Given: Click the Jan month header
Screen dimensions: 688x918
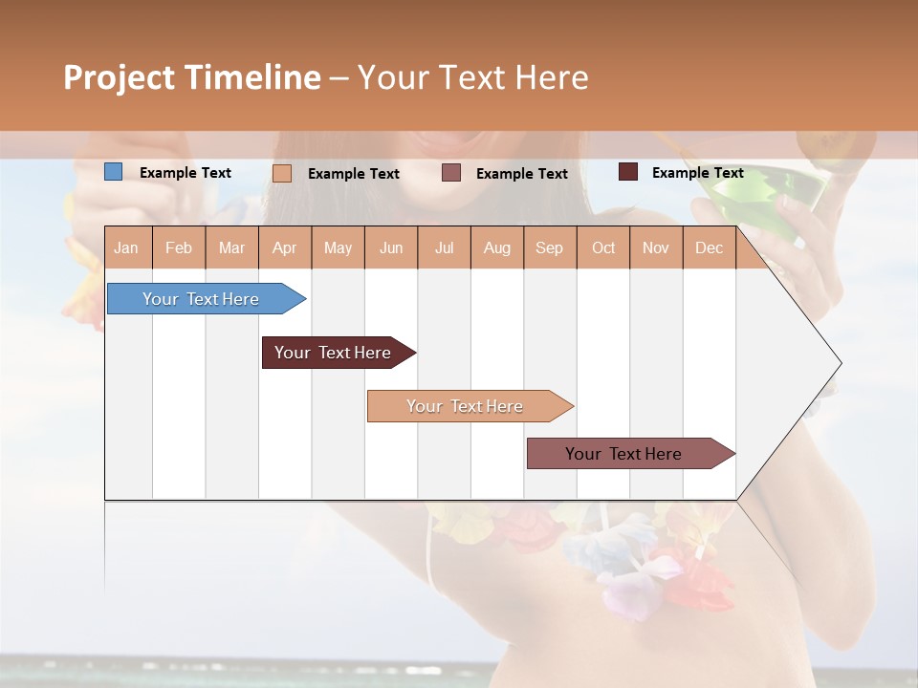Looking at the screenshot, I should point(126,247).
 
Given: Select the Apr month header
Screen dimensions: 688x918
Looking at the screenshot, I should point(284,247).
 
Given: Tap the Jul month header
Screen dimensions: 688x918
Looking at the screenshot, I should point(444,247).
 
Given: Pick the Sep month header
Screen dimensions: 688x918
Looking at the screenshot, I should point(549,247).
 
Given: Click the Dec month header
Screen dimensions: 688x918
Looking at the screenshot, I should point(709,247).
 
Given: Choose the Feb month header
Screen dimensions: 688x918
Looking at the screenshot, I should point(179,247).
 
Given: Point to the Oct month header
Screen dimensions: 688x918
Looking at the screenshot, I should point(603,247).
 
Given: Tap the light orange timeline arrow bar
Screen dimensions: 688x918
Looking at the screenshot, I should point(466,406).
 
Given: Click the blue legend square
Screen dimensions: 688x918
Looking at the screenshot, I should point(113,172).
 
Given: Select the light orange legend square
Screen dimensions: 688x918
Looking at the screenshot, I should point(282,173).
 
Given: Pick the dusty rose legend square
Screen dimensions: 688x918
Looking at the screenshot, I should point(451,173).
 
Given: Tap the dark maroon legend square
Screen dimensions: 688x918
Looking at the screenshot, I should point(627,172).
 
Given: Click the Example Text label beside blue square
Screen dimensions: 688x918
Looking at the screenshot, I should point(186,173).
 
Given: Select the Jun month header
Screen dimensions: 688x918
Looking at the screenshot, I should point(391,247).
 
